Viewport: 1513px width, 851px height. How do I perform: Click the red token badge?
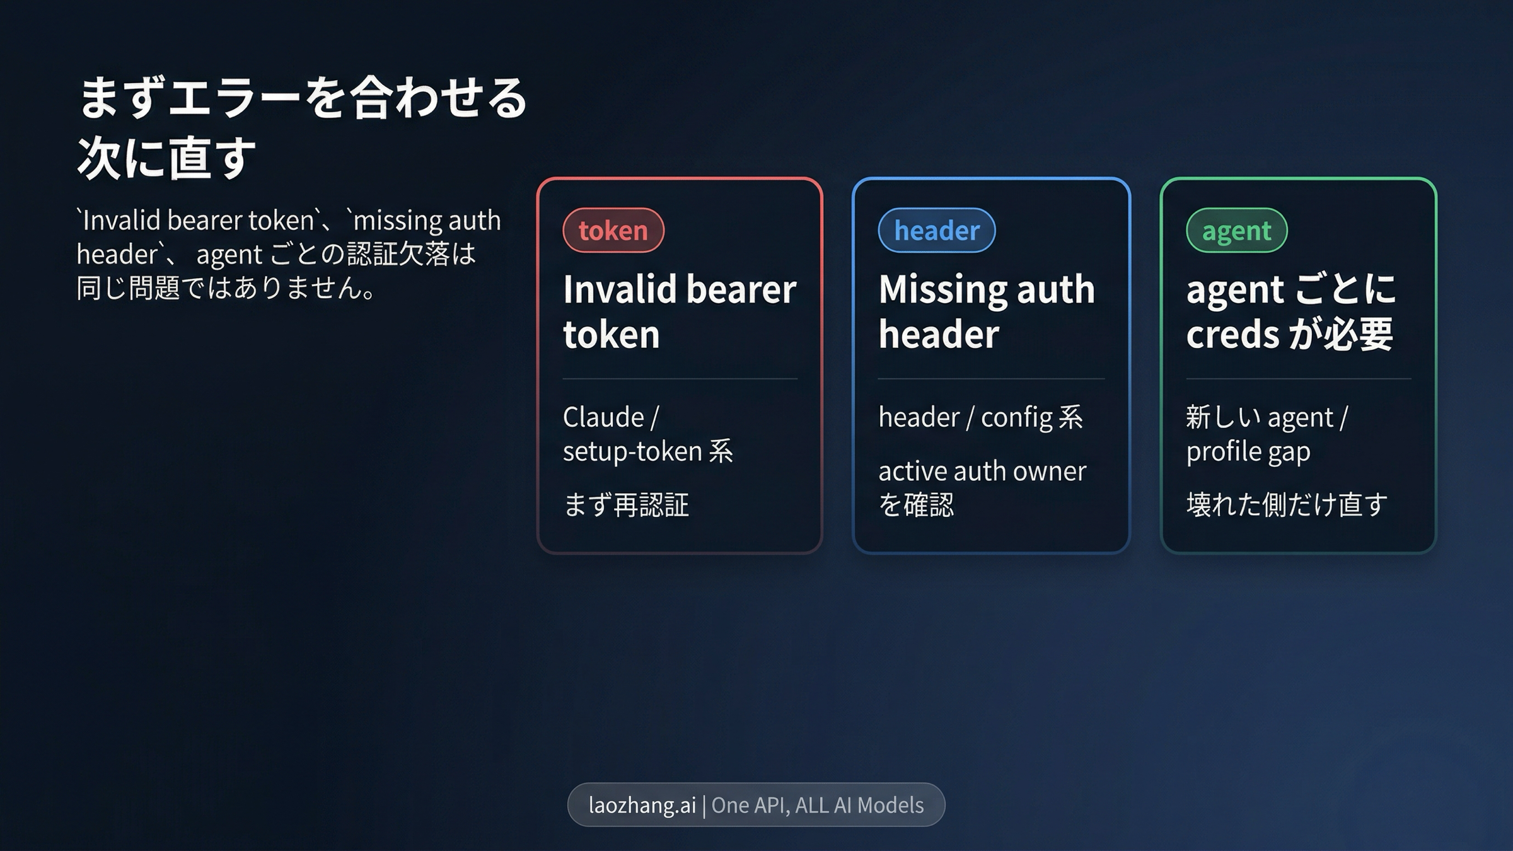tap(613, 230)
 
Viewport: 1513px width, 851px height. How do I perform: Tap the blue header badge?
tap(937, 230)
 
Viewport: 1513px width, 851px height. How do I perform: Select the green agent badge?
tap(1236, 230)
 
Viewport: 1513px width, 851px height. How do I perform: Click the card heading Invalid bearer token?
tap(680, 311)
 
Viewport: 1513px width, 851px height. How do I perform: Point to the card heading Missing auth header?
tap(987, 311)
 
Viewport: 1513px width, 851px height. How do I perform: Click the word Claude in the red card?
tap(603, 417)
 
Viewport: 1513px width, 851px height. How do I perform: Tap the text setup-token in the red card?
tap(632, 451)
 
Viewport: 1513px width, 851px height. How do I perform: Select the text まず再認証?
tap(626, 505)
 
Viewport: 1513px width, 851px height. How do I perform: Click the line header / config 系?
tap(981, 417)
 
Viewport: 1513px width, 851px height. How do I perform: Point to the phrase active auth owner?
tap(982, 471)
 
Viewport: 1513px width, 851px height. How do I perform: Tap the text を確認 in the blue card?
tap(916, 505)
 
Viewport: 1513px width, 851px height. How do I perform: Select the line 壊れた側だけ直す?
tap(1287, 505)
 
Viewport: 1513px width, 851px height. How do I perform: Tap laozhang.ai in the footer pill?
tap(642, 805)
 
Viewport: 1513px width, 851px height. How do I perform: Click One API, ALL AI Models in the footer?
tap(818, 805)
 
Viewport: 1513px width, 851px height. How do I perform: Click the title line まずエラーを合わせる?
tap(303, 98)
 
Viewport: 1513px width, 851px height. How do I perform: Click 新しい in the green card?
tap(1224, 417)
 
